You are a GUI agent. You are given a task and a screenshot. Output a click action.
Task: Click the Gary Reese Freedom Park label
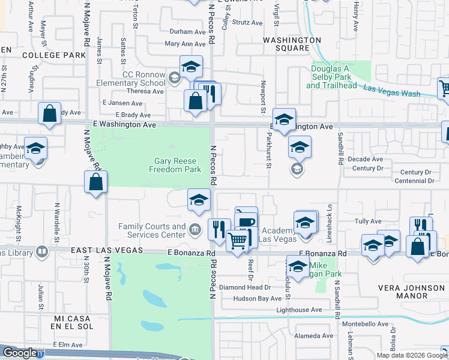[177, 165]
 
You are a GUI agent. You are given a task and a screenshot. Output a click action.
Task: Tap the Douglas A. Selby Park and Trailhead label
[339, 77]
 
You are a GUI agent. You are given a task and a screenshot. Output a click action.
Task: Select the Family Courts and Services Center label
[152, 230]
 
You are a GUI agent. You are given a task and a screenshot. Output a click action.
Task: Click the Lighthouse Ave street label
[299, 310]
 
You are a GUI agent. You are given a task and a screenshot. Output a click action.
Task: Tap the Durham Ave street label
[188, 32]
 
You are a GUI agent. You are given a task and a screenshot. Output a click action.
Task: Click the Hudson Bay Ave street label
[258, 298]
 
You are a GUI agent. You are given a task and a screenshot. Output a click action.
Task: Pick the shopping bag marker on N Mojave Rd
[96, 182]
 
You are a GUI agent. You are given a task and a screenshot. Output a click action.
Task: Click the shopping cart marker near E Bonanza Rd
[238, 241]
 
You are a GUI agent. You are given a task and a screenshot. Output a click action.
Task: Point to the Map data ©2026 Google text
[411, 355]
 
